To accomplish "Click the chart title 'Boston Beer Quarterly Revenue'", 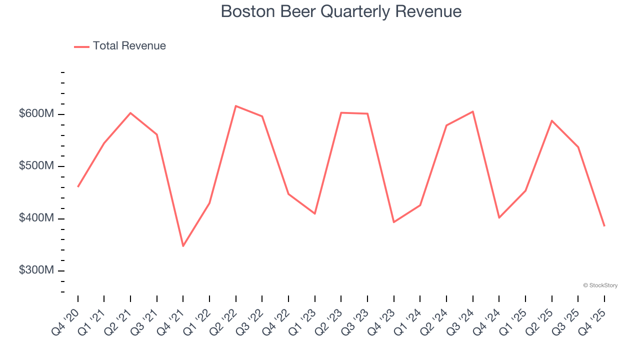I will coord(341,11).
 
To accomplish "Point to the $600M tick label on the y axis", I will coord(36,114).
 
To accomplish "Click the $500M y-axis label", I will coord(36,166).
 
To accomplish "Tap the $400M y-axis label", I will coord(36,218).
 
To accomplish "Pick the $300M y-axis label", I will coord(36,270).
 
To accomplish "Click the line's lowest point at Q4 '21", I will coord(183,246).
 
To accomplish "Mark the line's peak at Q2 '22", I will coord(235,106).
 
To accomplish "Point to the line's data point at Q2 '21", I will coord(130,113).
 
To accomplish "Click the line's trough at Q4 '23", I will coord(393,222).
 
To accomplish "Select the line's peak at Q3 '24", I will coord(472,111).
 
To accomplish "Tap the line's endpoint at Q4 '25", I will coord(604,226).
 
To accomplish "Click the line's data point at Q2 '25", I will coord(551,120).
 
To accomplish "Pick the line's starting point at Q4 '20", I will coord(78,186).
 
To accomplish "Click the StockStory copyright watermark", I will coord(600,285).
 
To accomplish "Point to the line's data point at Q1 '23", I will coord(314,213).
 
